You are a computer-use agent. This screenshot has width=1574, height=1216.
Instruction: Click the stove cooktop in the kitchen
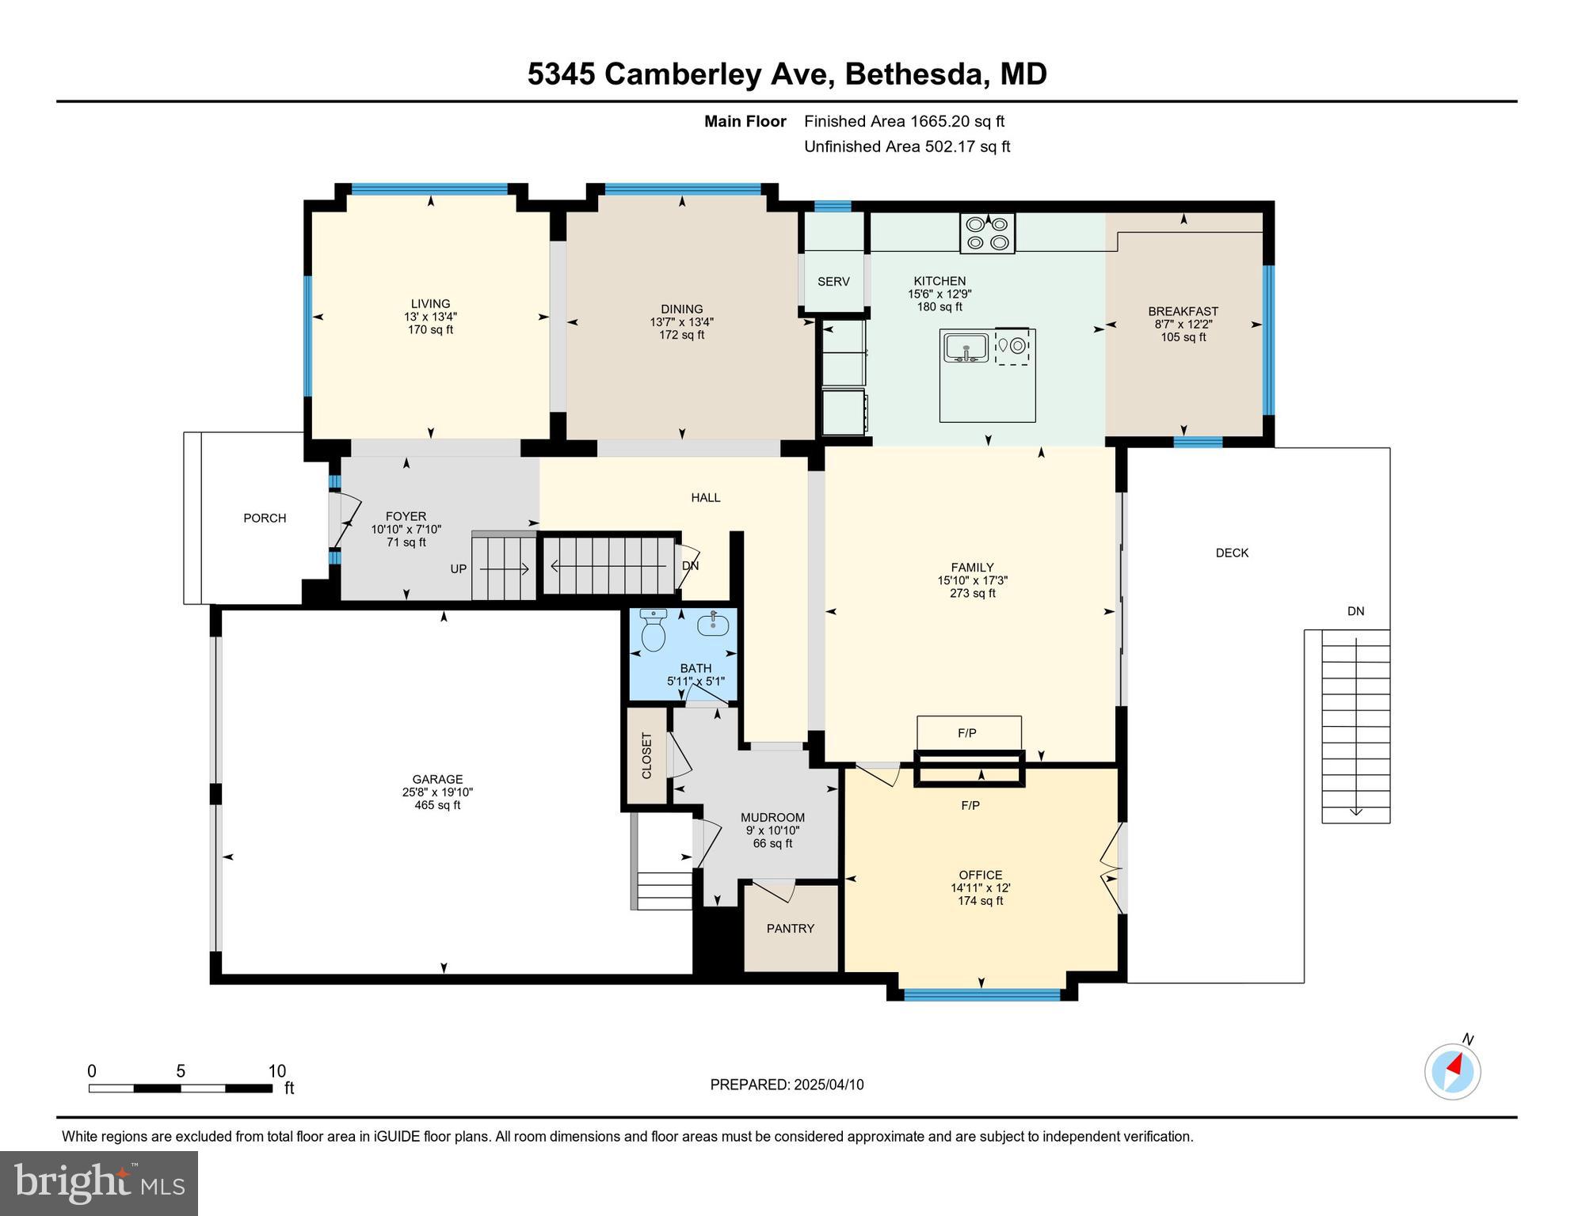click(987, 234)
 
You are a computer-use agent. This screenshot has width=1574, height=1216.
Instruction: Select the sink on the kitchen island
click(965, 348)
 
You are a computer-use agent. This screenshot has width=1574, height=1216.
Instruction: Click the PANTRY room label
click(790, 929)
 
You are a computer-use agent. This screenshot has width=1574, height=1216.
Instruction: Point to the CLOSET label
click(646, 755)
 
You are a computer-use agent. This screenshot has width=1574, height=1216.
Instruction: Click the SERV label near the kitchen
click(833, 282)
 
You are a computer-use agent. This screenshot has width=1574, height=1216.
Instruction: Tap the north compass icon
click(1453, 1072)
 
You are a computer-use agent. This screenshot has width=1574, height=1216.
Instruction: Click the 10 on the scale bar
click(276, 1071)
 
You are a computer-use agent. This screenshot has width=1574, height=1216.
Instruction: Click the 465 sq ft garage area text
click(437, 805)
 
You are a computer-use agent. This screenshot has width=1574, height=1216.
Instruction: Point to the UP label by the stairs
click(459, 569)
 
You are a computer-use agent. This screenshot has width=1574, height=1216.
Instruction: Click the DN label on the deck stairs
click(1356, 611)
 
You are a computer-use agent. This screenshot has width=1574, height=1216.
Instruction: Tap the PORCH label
click(265, 519)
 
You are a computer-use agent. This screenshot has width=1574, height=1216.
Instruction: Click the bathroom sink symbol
click(713, 625)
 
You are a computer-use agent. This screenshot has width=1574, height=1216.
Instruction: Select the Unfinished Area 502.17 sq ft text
click(907, 146)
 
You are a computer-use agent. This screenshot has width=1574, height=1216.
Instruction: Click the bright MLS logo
click(99, 1184)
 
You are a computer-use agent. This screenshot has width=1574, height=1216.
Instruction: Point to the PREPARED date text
click(787, 1085)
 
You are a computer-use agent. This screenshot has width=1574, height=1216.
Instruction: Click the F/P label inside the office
click(970, 806)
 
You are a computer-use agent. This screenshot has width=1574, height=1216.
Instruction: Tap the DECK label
click(1232, 553)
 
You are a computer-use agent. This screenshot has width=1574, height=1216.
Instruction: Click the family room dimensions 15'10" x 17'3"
click(972, 580)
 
